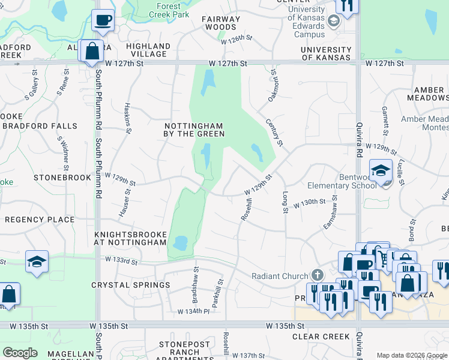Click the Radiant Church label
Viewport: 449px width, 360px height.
pyautogui.click(x=279, y=275)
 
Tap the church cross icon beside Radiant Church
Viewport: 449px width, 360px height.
pyautogui.click(x=317, y=275)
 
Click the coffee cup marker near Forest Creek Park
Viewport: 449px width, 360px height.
pyautogui.click(x=103, y=20)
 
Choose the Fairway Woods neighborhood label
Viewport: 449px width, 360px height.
pyautogui.click(x=221, y=23)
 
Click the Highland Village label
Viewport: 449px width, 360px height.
pyautogui.click(x=148, y=50)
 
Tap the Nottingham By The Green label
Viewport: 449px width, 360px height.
pyautogui.click(x=194, y=130)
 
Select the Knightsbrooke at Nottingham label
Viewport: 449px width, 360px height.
pyautogui.click(x=130, y=238)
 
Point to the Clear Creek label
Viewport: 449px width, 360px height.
pyautogui.click(x=321, y=337)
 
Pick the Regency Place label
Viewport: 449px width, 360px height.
pyautogui.click(x=40, y=220)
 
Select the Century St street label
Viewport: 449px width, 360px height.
pyautogui.click(x=274, y=132)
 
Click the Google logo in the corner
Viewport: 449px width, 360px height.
pyautogui.click(x=20, y=353)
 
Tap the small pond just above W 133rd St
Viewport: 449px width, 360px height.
pyautogui.click(x=179, y=243)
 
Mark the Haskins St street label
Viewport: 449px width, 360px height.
pyautogui.click(x=127, y=115)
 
